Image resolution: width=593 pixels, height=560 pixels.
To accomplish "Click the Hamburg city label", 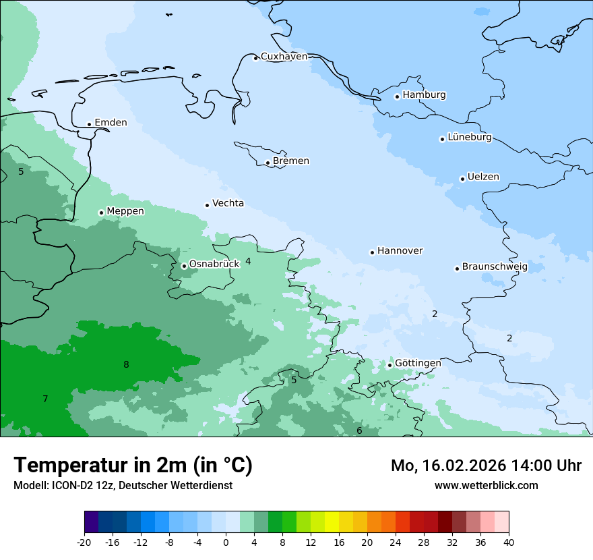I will tap(424, 95).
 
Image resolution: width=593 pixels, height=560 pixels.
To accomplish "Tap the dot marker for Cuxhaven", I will tap(255, 58).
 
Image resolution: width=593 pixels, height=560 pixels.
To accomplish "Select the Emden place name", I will tap(111, 123).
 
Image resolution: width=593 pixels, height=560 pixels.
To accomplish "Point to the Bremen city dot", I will tap(268, 163).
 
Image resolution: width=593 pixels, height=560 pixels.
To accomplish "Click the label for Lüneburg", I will tap(469, 138).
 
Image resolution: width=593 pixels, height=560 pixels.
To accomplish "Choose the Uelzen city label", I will tap(483, 177).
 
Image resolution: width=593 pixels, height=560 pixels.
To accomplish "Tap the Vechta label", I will tap(228, 203).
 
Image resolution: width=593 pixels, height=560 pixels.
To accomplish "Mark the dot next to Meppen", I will tap(101, 213).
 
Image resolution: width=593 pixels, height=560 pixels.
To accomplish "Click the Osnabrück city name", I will tap(214, 264).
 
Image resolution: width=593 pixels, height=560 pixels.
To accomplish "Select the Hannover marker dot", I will tap(372, 252).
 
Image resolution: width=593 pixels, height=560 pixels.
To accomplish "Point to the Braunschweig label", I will tap(494, 267).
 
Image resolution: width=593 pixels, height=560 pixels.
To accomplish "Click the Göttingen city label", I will tap(418, 363).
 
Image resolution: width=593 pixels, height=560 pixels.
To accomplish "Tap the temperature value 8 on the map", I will tap(126, 365).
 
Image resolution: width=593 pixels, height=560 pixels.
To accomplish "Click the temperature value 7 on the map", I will tap(45, 399).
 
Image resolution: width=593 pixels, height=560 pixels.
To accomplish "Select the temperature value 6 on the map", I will tap(359, 431).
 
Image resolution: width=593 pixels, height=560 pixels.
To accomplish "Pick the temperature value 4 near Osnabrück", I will tap(248, 261).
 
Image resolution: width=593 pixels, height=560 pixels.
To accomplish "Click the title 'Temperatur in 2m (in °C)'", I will tap(133, 466).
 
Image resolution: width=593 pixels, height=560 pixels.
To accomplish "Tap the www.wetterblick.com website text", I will tap(486, 486).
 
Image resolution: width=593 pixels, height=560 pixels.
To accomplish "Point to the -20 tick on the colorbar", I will tap(84, 542).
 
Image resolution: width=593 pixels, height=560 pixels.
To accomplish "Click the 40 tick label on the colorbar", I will tap(509, 542).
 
